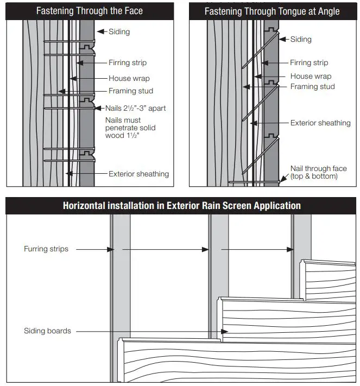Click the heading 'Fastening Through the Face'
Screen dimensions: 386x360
[90, 10]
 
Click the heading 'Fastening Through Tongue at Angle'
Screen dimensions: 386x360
[273, 11]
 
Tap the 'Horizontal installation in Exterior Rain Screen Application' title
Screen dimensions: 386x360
[181, 206]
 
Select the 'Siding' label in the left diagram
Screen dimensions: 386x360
[119, 31]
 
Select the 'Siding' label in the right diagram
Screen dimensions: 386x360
[301, 39]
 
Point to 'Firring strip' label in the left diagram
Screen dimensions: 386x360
[128, 63]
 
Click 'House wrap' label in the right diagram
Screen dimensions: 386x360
[310, 77]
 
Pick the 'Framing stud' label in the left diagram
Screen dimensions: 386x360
[130, 91]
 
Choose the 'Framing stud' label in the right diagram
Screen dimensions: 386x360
[312, 87]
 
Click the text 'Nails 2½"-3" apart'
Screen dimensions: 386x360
[135, 108]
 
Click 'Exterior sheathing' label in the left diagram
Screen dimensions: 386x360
[138, 174]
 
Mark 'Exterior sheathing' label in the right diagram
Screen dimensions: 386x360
[320, 123]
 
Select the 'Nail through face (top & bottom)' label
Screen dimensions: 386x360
[318, 173]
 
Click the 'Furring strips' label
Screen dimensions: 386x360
[46, 249]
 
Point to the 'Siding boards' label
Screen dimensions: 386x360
[47, 331]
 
